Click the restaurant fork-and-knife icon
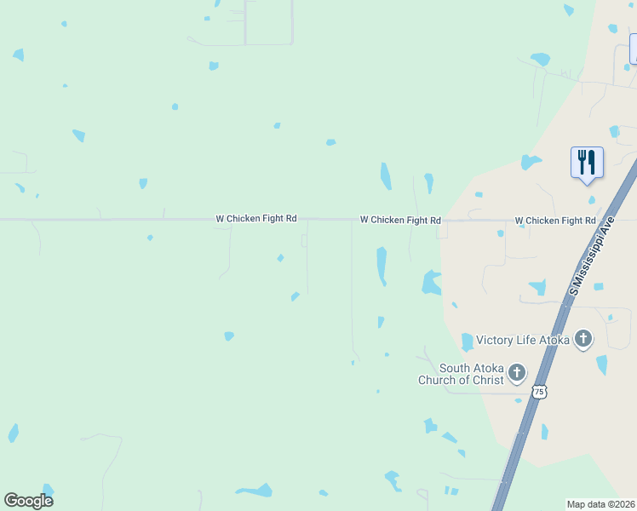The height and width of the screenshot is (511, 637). pos(586,161)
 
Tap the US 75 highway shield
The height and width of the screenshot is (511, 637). pos(539,392)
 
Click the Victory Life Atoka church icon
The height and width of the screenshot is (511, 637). pos(583,340)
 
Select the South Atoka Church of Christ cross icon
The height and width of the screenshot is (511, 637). pos(517,372)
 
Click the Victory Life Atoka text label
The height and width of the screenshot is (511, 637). pos(522,341)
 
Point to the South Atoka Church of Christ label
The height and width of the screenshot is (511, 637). pos(461,375)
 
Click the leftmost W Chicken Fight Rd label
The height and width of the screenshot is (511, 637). pos(255,219)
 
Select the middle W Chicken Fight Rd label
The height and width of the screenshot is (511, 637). pos(399,220)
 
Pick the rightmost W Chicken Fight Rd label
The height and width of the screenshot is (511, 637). pos(554,221)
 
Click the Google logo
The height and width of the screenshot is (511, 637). pos(28,501)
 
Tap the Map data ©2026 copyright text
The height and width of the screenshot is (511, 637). pos(601,504)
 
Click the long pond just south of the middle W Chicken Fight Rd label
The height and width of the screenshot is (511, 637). pos(382,265)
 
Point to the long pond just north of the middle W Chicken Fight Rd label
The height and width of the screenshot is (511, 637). pos(386,176)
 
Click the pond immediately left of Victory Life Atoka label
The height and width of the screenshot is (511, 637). pos(467,342)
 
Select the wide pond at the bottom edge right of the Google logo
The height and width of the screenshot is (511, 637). pos(255,491)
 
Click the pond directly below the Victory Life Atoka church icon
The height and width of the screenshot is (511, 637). pos(602,365)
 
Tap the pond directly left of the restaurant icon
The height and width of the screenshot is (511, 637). pos(531,162)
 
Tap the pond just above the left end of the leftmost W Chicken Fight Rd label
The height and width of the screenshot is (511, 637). pos(143,183)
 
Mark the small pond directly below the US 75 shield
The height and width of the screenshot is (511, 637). pos(544,432)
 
